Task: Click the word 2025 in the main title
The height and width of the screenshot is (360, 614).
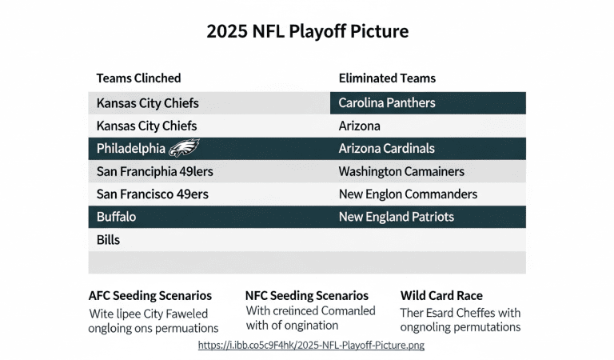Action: [227, 32]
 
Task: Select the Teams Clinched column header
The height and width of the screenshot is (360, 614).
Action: [138, 78]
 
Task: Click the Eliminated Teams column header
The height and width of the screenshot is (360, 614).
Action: [387, 78]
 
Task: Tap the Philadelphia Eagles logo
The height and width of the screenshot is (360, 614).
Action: [184, 148]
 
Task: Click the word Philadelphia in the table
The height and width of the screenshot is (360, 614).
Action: [130, 149]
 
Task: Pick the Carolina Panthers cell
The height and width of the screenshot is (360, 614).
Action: [387, 103]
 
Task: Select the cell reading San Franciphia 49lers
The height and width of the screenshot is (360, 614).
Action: [154, 171]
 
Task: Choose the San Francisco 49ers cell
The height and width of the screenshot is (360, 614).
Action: [153, 194]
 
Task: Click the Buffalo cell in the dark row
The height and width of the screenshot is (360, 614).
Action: [116, 217]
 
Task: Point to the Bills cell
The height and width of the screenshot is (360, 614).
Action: [108, 240]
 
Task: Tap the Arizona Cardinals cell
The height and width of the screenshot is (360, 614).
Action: [386, 149]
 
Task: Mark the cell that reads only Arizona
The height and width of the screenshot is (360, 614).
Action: [359, 126]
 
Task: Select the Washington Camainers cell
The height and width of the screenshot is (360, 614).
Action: [401, 171]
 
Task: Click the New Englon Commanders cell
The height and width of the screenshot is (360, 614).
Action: [408, 194]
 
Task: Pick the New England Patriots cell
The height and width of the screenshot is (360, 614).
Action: [396, 217]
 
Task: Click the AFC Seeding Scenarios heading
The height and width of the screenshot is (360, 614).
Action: [150, 296]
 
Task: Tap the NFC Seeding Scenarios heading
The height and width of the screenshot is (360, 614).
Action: [306, 296]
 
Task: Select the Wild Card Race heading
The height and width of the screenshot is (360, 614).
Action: [441, 296]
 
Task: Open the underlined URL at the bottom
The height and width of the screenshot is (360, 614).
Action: [311, 345]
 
